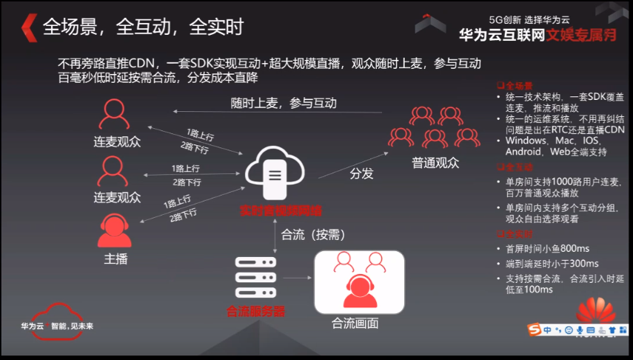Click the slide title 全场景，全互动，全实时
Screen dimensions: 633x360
pyautogui.click(x=144, y=27)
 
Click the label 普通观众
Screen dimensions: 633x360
pyautogui.click(x=433, y=161)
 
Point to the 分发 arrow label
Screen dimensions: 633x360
pyautogui.click(x=361, y=174)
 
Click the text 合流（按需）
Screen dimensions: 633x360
pyautogui.click(x=314, y=235)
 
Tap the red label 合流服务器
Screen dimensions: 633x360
pyautogui.click(x=255, y=311)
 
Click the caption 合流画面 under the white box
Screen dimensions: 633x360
pyautogui.click(x=355, y=323)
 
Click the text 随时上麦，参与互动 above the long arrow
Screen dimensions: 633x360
pyautogui.click(x=284, y=103)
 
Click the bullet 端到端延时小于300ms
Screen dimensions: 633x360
pyautogui.click(x=552, y=263)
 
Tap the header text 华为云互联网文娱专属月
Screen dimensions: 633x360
pyautogui.click(x=532, y=34)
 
